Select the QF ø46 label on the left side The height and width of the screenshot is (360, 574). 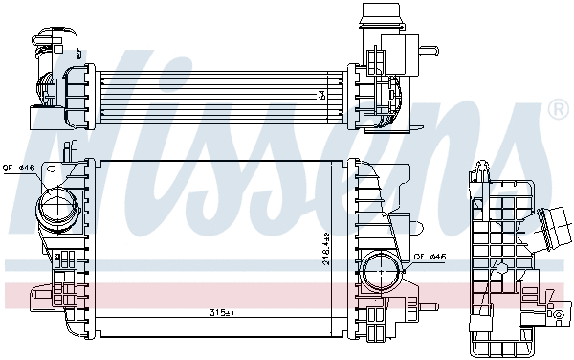tap(19, 169)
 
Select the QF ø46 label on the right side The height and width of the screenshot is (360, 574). tap(430, 257)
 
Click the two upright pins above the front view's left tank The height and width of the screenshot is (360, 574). tap(68, 151)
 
